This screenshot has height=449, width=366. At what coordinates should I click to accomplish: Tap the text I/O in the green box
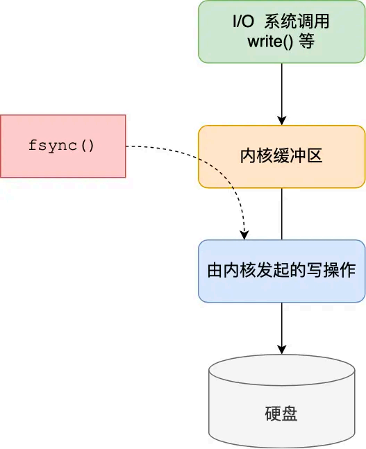[244, 22]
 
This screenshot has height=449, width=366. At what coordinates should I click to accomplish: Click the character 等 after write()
[306, 42]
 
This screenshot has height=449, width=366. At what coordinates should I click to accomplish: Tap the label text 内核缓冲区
[281, 156]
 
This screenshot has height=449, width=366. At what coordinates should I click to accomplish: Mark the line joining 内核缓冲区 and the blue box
[281, 213]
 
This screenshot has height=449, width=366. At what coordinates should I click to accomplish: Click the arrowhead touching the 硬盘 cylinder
[281, 348]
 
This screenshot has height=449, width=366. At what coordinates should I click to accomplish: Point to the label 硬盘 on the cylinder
[281, 414]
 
